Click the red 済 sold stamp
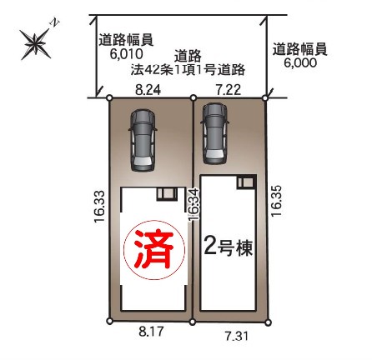(x=154, y=249)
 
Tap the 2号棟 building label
(x=229, y=247)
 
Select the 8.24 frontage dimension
(x=148, y=90)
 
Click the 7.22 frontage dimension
(x=229, y=90)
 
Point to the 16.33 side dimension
(x=99, y=206)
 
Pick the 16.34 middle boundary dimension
(x=194, y=205)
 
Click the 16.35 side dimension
(x=277, y=201)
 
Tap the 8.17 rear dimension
(x=151, y=332)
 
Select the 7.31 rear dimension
(x=237, y=337)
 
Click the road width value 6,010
(x=126, y=54)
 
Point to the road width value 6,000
(x=300, y=62)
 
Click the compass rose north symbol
(x=36, y=44)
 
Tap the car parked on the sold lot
(x=143, y=140)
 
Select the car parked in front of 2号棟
(x=215, y=133)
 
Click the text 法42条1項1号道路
(x=188, y=70)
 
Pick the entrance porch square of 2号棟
(x=246, y=182)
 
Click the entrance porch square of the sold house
(x=167, y=193)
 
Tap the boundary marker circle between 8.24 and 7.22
(x=194, y=97)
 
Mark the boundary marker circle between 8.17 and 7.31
(x=193, y=322)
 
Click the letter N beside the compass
(x=54, y=22)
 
